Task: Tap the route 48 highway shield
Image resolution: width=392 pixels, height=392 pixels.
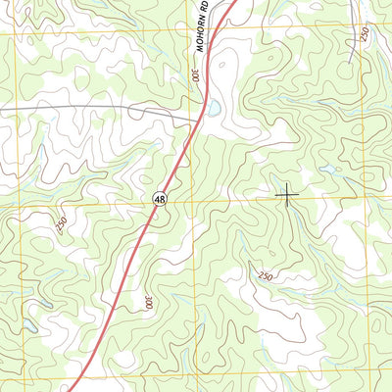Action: coord(158,199)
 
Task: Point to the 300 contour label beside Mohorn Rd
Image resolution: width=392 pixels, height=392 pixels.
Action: coord(196,74)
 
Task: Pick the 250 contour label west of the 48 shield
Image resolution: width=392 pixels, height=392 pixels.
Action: coord(61,224)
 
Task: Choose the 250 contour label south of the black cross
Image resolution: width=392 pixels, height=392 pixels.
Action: coord(265,276)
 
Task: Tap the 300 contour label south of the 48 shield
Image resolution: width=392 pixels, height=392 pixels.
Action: coord(149,304)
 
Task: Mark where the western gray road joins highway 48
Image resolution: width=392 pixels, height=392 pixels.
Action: coord(201,120)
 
